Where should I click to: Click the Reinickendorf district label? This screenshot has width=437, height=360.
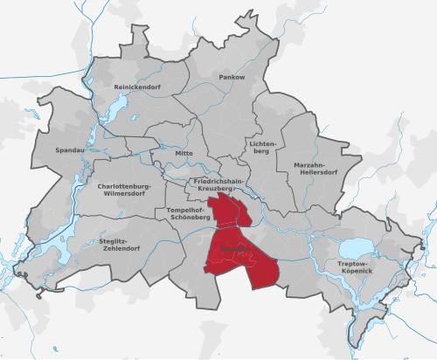pyautogui.click(x=136, y=88)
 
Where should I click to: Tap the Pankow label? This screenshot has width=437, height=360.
pyautogui.click(x=232, y=78)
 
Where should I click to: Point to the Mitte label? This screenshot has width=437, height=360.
pyautogui.click(x=184, y=153)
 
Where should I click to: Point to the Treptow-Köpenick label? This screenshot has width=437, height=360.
pyautogui.click(x=357, y=266)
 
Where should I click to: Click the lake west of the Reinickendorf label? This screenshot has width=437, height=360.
pyautogui.click(x=113, y=107)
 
